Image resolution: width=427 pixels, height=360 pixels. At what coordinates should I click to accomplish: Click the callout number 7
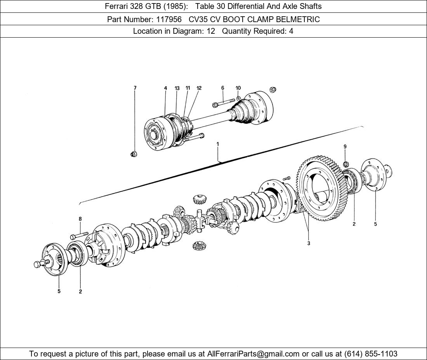[135, 88]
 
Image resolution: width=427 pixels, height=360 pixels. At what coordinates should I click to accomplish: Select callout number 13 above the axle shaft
[177, 88]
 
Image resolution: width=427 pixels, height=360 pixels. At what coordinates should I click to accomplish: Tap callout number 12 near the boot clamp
[199, 88]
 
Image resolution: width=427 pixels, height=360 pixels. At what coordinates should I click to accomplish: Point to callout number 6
[223, 88]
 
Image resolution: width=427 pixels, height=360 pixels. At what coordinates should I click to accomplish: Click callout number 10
[238, 88]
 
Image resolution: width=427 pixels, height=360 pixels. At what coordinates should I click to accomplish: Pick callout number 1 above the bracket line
[218, 144]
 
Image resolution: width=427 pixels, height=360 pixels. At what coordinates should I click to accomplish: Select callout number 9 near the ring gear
[345, 147]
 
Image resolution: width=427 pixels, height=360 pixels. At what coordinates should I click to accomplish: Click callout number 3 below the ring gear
[309, 244]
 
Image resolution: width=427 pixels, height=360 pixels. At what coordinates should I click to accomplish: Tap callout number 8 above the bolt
[80, 219]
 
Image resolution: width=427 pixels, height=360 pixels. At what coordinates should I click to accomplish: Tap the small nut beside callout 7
[133, 154]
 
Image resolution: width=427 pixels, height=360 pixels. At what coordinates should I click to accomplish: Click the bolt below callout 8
[80, 235]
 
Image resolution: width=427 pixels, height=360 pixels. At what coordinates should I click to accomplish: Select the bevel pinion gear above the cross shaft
[198, 200]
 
